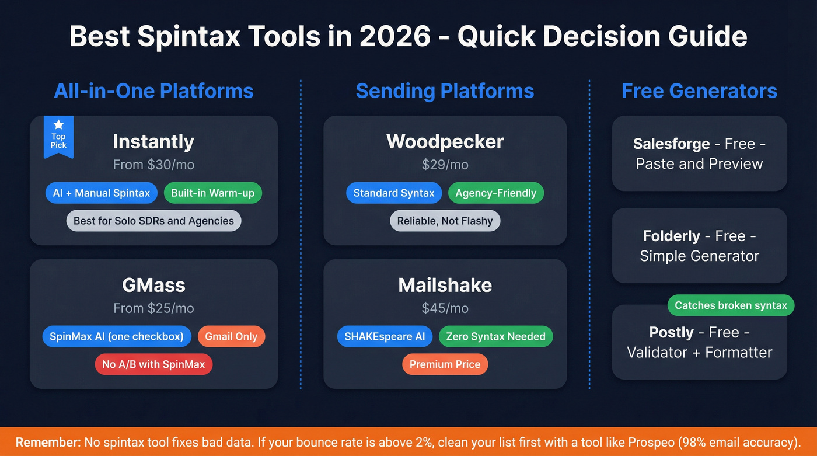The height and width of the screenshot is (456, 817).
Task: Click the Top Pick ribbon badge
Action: click(58, 137)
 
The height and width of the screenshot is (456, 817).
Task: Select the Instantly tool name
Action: click(153, 142)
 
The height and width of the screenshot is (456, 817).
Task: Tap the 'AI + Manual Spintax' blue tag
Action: click(101, 193)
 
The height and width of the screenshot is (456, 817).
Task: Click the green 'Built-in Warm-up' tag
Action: click(212, 193)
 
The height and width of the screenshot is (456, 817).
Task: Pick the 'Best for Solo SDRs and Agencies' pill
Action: click(153, 221)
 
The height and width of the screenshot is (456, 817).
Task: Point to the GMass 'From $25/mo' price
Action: click(153, 308)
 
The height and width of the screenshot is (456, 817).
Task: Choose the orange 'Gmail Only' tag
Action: click(231, 336)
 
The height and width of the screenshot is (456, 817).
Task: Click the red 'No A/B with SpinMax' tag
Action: click(153, 364)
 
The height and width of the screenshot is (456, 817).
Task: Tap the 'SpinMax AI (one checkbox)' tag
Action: click(117, 336)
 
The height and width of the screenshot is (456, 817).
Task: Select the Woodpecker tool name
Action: click(445, 142)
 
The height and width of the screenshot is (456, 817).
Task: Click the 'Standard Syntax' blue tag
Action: click(394, 193)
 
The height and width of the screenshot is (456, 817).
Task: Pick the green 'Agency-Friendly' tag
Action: click(495, 193)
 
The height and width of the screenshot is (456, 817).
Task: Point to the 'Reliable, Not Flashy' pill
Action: click(445, 221)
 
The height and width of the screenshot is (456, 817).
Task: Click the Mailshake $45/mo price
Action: click(445, 308)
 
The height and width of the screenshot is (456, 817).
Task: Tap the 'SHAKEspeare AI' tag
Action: click(385, 336)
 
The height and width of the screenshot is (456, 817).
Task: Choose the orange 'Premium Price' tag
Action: click(445, 364)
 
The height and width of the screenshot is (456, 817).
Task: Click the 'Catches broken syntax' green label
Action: click(731, 305)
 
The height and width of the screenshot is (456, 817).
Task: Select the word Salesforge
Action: click(671, 144)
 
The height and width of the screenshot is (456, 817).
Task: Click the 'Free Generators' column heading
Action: click(699, 91)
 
